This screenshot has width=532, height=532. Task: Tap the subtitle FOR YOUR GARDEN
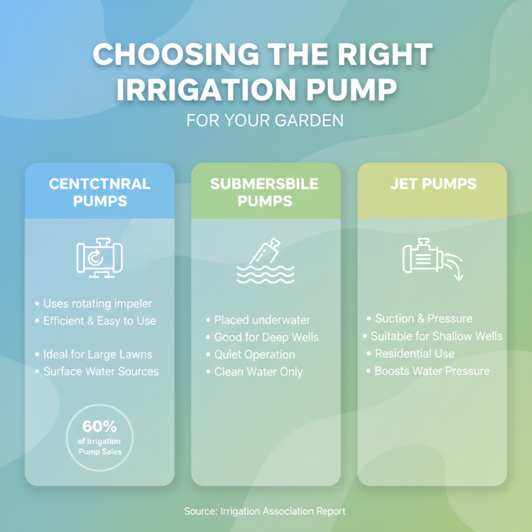tap(265, 122)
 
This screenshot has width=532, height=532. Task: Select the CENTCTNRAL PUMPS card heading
tap(100, 192)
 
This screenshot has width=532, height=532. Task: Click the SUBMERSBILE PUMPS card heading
tap(266, 192)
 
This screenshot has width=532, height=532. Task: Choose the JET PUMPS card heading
tap(432, 184)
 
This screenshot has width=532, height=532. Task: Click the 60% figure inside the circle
tap(100, 426)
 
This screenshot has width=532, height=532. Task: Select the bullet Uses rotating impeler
tap(97, 304)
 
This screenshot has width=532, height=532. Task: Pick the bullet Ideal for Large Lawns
tap(97, 354)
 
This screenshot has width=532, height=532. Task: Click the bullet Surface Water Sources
tap(100, 371)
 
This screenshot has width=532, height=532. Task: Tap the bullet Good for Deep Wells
tap(265, 338)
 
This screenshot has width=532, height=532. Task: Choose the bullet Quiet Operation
tap(254, 355)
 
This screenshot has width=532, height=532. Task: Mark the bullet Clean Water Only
tap(258, 372)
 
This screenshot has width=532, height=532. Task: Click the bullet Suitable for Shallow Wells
tap(436, 336)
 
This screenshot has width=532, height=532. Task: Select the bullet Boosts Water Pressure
tap(431, 370)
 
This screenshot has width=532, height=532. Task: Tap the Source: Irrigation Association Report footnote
tap(265, 511)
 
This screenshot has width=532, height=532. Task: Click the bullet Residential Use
tap(414, 353)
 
